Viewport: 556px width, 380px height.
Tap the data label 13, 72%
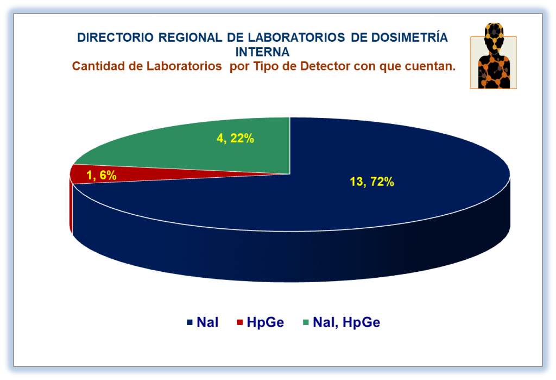click(x=372, y=182)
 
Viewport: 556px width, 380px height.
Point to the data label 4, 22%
click(x=235, y=138)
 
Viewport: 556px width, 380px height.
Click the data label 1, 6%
click(x=102, y=175)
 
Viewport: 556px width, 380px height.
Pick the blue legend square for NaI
click(x=189, y=322)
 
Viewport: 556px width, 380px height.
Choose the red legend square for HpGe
click(x=240, y=322)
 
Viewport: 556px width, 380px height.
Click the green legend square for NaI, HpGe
click(x=306, y=322)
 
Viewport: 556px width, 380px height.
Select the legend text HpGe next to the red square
click(x=265, y=322)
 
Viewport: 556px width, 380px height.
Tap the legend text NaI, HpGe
click(x=346, y=322)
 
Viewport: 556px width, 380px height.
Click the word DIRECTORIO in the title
click(x=115, y=38)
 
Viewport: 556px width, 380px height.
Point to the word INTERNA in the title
click(x=262, y=52)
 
